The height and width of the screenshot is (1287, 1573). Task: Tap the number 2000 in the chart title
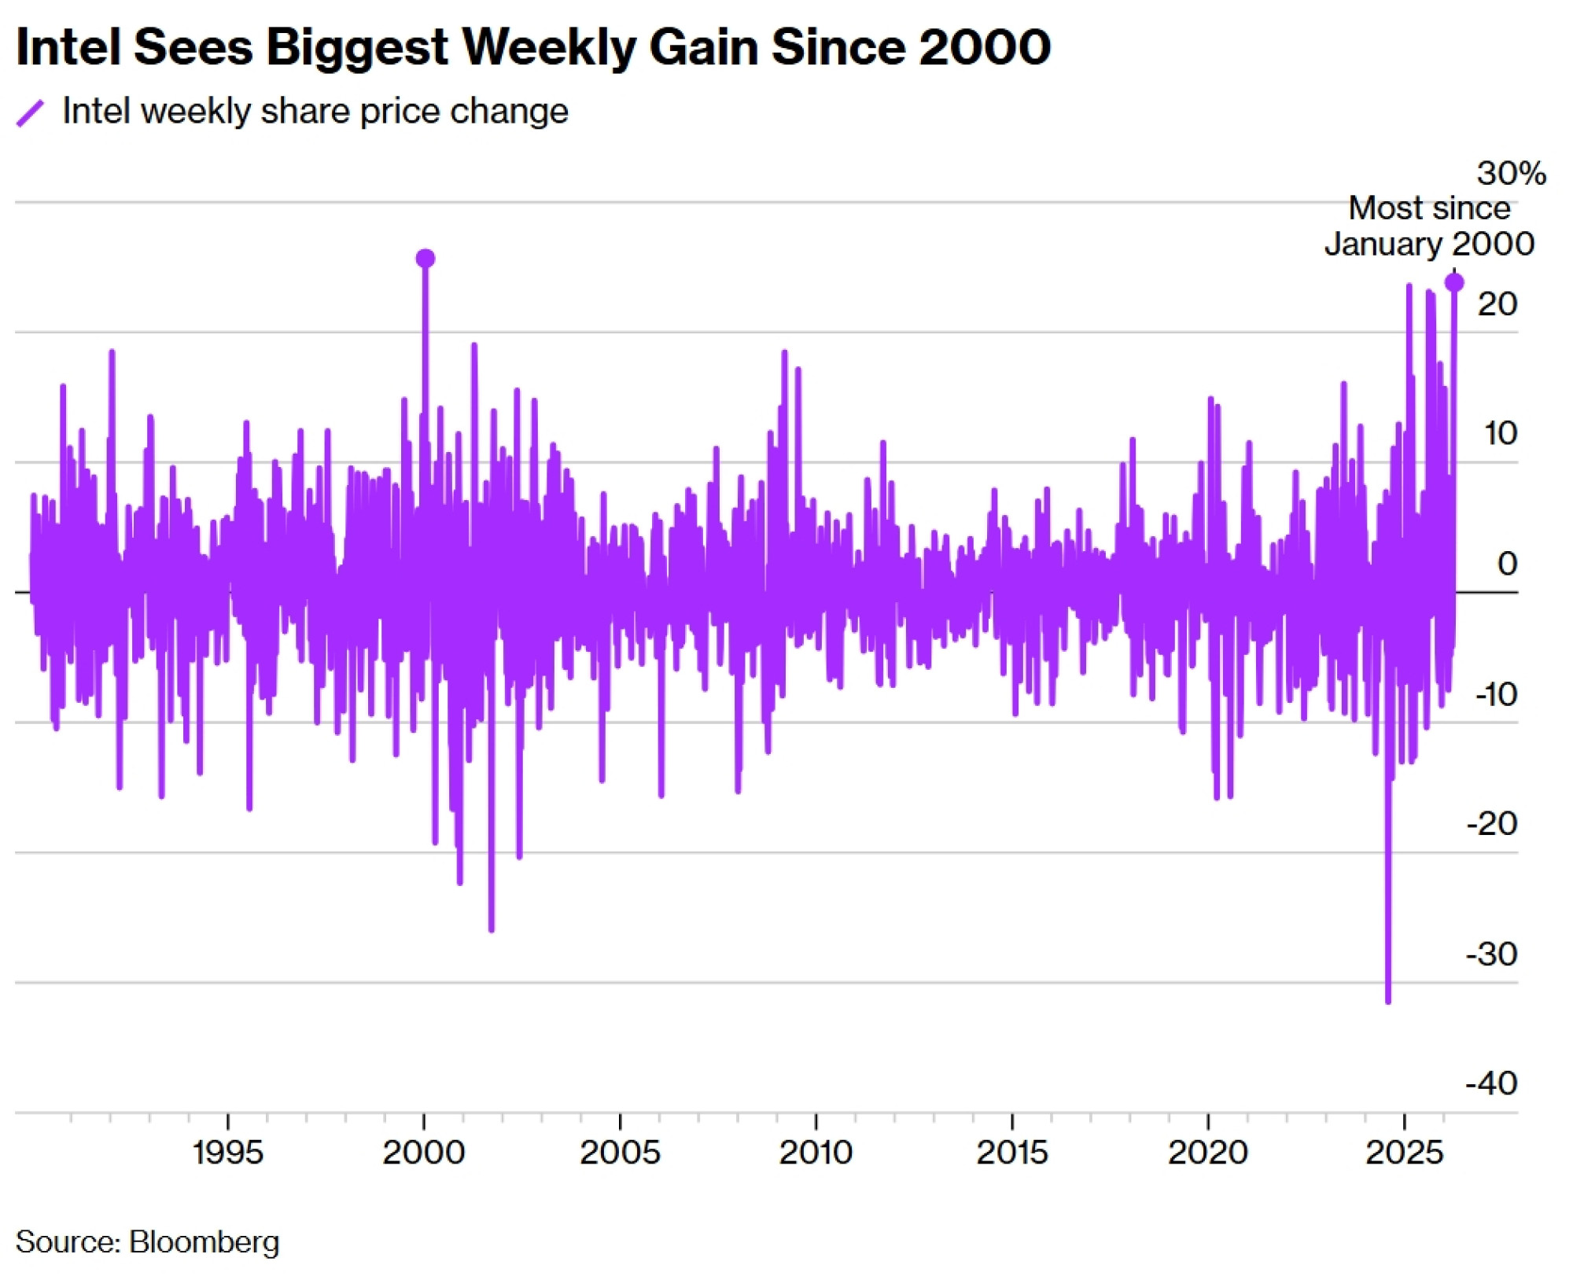[984, 46]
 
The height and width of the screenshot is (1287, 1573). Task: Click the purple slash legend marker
[30, 112]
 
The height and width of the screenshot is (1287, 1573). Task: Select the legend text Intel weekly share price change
[315, 111]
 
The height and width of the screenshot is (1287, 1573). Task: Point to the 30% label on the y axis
[1511, 173]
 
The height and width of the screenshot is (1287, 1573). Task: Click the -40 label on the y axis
[1491, 1083]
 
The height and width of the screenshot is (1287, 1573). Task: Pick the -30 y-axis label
[1491, 954]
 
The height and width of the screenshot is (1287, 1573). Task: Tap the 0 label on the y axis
[1507, 564]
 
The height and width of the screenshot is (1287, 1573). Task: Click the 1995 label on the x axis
[227, 1153]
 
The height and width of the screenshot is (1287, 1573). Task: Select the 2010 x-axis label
[816, 1153]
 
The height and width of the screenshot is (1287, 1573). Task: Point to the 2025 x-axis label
[1405, 1153]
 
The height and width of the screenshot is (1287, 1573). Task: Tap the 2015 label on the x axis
[1012, 1153]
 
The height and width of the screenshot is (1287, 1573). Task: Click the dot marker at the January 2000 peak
[425, 259]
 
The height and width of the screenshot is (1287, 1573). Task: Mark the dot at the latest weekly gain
[1454, 282]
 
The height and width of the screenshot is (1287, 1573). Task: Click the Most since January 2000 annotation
[1429, 226]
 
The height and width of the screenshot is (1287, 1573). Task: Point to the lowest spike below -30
[1388, 1000]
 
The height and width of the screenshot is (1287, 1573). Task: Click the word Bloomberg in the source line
[204, 1242]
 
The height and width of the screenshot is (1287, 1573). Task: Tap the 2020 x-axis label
[1208, 1153]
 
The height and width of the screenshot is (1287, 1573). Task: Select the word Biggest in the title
[357, 46]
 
